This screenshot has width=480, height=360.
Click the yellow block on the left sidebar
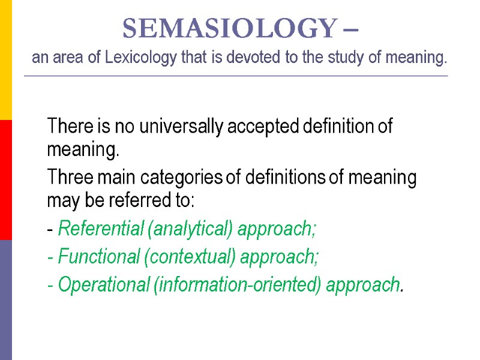coord(5,60)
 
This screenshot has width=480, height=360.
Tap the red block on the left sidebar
coord(5,180)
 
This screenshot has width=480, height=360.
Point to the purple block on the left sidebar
coord(5,300)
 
